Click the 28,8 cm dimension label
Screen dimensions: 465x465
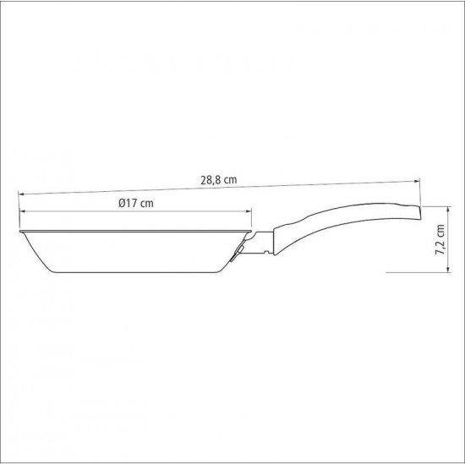tap(219, 180)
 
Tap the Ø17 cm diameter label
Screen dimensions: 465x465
tap(136, 204)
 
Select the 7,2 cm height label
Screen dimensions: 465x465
tap(440, 239)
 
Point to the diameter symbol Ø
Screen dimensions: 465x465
tap(122, 204)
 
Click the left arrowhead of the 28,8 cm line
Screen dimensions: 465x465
tap(21, 194)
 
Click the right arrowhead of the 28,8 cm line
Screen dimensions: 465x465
tap(418, 181)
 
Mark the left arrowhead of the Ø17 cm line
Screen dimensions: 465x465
tap(22, 211)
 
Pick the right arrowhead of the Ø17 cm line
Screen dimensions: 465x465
tap(249, 211)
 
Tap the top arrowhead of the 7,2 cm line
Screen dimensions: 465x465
tap(448, 209)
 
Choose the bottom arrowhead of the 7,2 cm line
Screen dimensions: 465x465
tap(448, 269)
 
